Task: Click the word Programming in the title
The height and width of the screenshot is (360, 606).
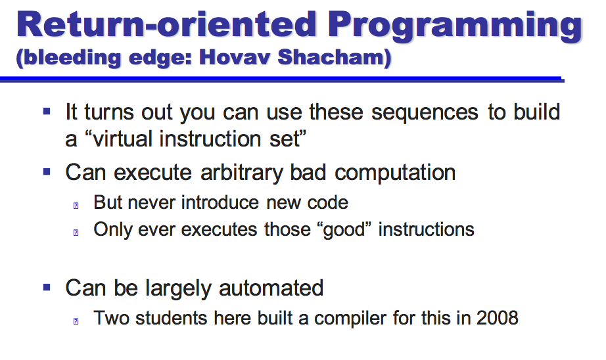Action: point(455,26)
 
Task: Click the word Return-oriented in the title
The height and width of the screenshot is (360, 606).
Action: point(166,24)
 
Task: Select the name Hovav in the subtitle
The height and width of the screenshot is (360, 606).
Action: point(235,57)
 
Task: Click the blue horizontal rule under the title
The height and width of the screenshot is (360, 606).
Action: point(282,79)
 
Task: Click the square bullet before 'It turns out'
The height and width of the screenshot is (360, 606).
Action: point(47,112)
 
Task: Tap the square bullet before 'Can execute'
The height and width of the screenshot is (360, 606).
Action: point(47,171)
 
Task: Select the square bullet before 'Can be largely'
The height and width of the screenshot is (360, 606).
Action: point(47,287)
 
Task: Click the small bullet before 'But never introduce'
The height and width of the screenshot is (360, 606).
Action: point(76,206)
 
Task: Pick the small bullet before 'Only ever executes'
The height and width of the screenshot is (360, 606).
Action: point(76,232)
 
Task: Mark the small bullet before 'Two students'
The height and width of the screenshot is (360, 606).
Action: point(76,321)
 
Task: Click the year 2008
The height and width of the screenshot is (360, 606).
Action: point(497,318)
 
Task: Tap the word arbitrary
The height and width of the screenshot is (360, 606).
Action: point(242,173)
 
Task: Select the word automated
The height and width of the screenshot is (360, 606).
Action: point(271,288)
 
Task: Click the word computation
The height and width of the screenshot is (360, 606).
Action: point(395,173)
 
